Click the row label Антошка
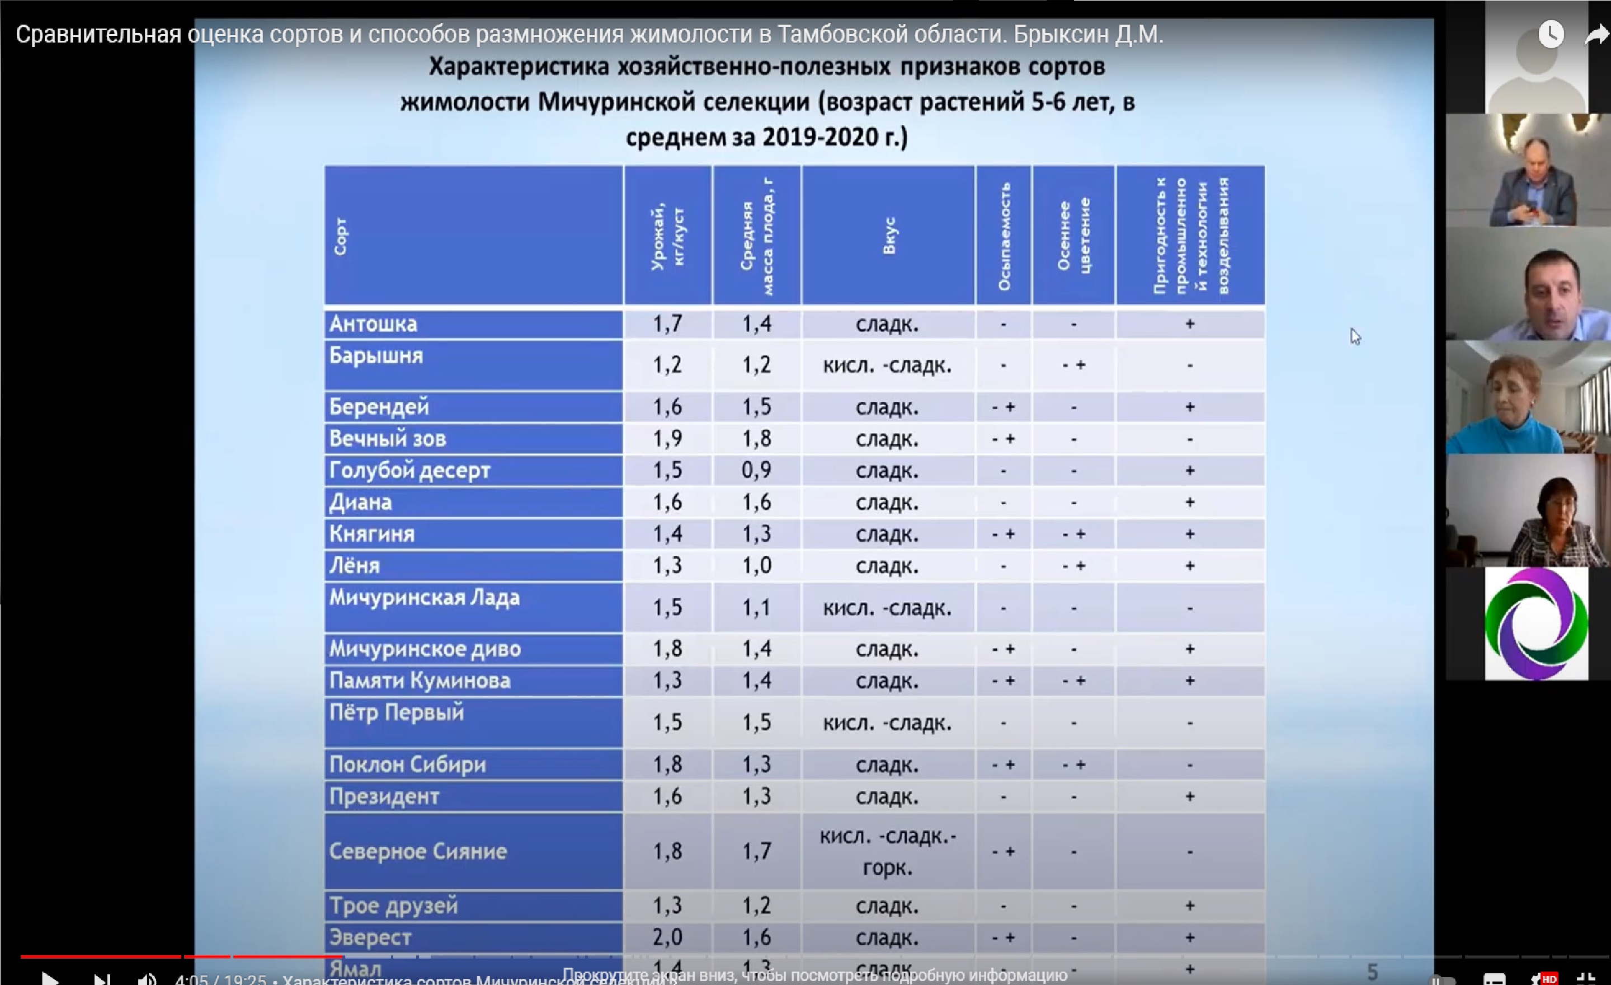[373, 323]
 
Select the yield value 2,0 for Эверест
[667, 937]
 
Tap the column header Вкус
[888, 236]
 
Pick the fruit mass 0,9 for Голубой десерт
[756, 470]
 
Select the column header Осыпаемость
[1004, 236]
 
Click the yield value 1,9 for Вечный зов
[667, 438]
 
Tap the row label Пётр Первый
[397, 712]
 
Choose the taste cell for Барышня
[887, 365]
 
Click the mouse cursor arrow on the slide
[1355, 336]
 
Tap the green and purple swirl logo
[1536, 623]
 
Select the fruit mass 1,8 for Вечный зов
[756, 438]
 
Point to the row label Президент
[384, 796]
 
